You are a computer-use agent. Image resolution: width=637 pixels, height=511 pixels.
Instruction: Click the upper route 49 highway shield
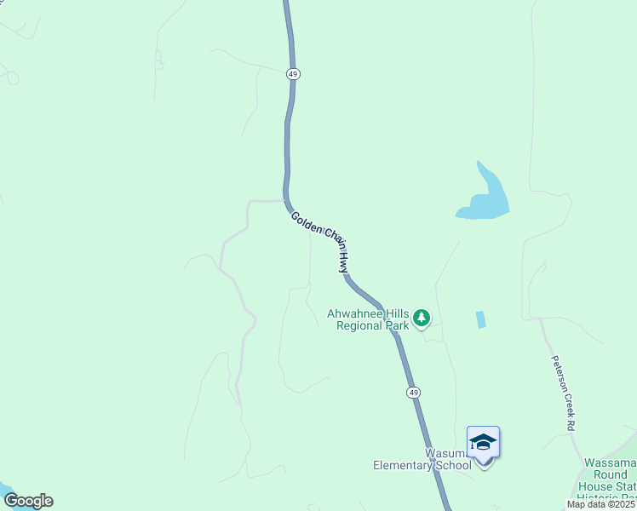pyautogui.click(x=294, y=74)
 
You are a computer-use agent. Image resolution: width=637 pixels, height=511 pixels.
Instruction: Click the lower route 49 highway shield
pyautogui.click(x=413, y=392)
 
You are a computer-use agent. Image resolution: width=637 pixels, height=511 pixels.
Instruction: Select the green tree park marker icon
pyautogui.click(x=421, y=319)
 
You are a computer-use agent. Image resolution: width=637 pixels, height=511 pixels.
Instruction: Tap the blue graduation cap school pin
pyautogui.click(x=483, y=443)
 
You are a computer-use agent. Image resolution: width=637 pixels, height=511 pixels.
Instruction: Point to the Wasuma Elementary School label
pyautogui.click(x=422, y=459)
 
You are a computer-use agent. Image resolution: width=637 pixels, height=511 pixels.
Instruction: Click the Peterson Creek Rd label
pyautogui.click(x=563, y=391)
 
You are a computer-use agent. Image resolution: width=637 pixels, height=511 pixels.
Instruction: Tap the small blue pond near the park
pyautogui.click(x=480, y=319)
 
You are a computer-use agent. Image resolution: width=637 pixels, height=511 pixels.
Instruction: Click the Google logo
pyautogui.click(x=28, y=501)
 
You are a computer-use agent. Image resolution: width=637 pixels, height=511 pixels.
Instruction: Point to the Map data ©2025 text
pyautogui.click(x=601, y=504)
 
